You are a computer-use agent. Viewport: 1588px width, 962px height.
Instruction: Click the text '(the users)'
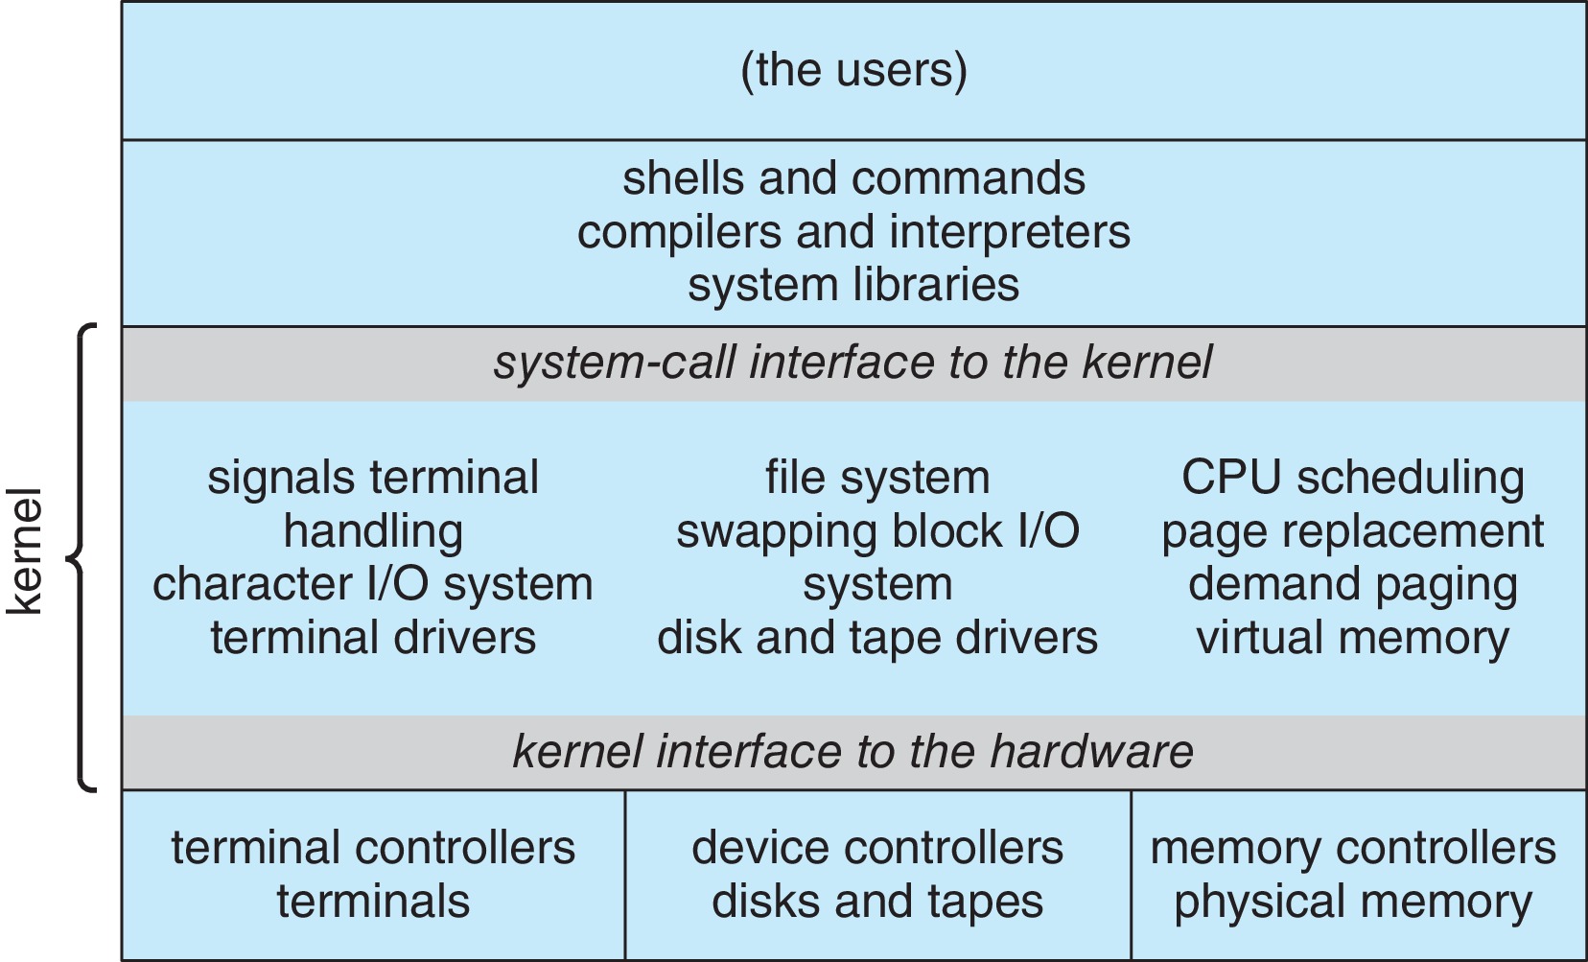[x=853, y=70]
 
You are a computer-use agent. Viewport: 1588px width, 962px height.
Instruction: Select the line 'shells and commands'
[x=853, y=178]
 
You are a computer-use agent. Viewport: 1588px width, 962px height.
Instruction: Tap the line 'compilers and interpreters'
[x=853, y=232]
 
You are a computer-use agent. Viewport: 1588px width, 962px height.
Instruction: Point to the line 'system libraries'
[x=853, y=285]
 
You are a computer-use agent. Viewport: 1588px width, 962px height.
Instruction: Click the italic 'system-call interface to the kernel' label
[x=852, y=363]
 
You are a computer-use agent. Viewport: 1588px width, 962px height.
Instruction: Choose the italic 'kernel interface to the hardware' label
[x=852, y=751]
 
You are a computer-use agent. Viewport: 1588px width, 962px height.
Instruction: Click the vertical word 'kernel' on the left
[x=26, y=551]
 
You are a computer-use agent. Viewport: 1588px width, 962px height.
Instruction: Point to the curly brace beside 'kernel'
[x=82, y=556]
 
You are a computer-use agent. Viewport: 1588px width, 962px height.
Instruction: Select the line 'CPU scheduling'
[x=1352, y=477]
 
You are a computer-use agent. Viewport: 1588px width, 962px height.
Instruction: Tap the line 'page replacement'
[x=1352, y=530]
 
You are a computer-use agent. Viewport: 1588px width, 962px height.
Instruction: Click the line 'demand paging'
[x=1352, y=584]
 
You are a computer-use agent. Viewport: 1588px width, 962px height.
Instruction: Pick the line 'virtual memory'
[x=1352, y=638]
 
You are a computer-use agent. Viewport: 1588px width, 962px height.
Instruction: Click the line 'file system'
[x=877, y=477]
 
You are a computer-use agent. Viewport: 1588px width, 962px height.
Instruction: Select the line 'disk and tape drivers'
[x=877, y=638]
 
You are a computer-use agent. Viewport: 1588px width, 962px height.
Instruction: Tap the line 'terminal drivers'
[x=373, y=638]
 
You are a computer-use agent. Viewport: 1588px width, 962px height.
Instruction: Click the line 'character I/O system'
[x=373, y=584]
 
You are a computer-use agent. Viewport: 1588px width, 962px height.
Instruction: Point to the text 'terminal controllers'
[x=373, y=848]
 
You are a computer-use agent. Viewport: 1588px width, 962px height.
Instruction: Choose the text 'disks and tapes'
[x=877, y=902]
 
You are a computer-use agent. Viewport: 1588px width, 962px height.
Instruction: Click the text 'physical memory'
[x=1352, y=902]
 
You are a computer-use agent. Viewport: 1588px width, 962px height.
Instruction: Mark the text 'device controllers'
[x=877, y=848]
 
